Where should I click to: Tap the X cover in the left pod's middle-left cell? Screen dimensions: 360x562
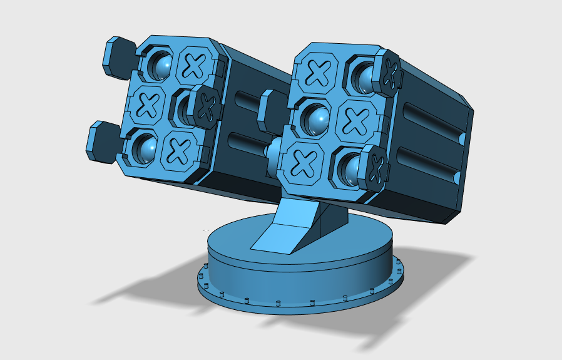(x=148, y=104)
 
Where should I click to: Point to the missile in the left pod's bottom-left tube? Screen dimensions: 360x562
(x=146, y=148)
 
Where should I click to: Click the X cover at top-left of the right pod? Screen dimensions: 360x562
(x=319, y=73)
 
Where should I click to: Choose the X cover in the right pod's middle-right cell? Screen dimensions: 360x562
(x=355, y=119)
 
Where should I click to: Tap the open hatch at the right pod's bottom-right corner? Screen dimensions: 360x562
(x=376, y=167)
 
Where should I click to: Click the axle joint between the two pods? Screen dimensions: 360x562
(x=273, y=150)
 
